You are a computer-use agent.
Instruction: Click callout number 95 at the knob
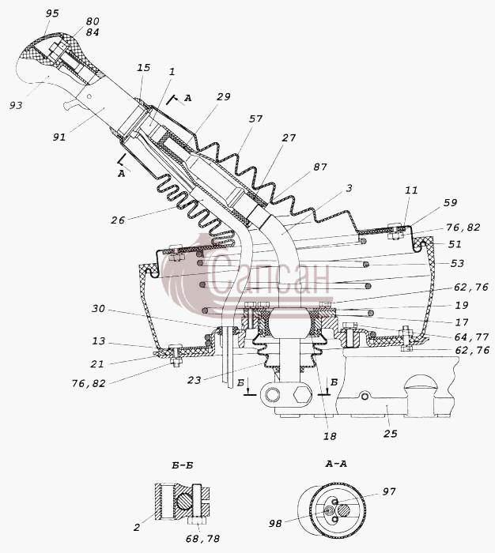click(52, 13)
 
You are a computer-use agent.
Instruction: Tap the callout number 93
click(16, 105)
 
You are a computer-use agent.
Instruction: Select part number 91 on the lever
click(59, 137)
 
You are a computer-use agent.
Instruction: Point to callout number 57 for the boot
click(255, 118)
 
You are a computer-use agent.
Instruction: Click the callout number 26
click(118, 220)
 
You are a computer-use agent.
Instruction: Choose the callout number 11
click(411, 190)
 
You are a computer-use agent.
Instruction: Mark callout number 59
click(450, 203)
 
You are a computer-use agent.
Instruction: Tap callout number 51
click(455, 244)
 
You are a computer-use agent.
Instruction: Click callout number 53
click(457, 263)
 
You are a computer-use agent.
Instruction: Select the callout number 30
click(99, 309)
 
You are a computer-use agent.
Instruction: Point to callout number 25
click(391, 434)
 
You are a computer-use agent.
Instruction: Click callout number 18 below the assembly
click(330, 436)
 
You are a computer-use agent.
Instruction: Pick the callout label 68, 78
click(202, 539)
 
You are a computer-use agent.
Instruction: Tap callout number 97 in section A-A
click(389, 491)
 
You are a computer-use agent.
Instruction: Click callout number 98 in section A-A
click(275, 523)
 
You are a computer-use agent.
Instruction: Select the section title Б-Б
click(183, 465)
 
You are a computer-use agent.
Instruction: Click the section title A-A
click(336, 464)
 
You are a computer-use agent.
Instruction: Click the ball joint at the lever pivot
click(289, 322)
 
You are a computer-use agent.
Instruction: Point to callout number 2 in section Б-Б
click(137, 527)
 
